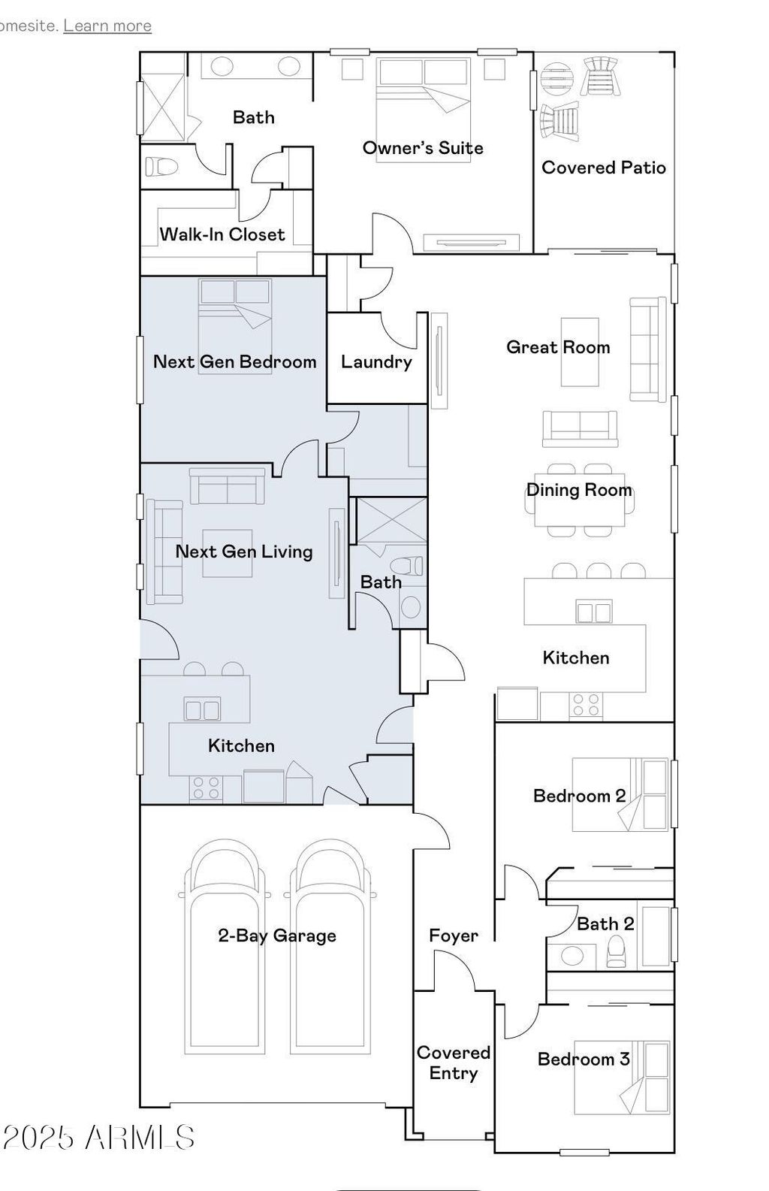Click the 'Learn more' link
(107, 26)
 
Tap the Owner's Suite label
(423, 148)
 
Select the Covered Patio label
(604, 168)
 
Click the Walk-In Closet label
(222, 234)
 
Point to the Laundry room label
(376, 362)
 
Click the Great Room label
(558, 347)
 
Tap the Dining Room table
(579, 499)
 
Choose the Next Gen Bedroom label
(235, 361)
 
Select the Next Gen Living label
(244, 552)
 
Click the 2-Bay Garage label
(277, 936)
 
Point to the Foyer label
(454, 936)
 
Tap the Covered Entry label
(454, 1063)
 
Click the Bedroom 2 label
(579, 796)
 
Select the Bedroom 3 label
(584, 1060)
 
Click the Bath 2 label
(605, 924)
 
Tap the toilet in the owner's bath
(161, 166)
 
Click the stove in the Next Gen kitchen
(207, 788)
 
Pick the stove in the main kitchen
(587, 705)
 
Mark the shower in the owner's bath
(164, 108)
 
